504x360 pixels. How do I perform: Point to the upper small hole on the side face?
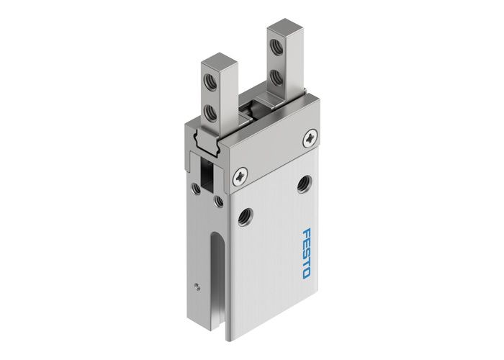(196, 189)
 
